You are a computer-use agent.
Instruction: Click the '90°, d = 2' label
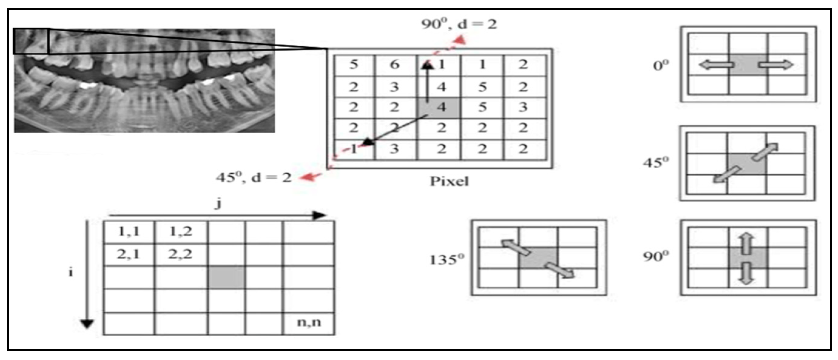click(x=459, y=24)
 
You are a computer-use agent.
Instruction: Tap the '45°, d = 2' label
click(x=254, y=177)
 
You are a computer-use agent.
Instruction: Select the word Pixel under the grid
click(x=449, y=181)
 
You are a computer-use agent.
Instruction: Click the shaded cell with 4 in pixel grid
click(x=439, y=107)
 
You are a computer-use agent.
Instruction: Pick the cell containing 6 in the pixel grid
click(x=395, y=65)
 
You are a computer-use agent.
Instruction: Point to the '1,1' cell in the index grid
click(x=129, y=231)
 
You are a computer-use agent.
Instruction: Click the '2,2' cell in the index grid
click(x=180, y=254)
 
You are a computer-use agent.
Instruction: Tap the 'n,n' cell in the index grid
click(x=309, y=323)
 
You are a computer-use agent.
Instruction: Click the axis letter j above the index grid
click(x=219, y=204)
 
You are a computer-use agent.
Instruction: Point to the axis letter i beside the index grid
click(x=71, y=272)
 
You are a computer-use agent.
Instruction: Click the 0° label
click(x=661, y=66)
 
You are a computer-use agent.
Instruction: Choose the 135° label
click(x=447, y=260)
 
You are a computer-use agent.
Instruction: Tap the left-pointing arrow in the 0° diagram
click(x=716, y=65)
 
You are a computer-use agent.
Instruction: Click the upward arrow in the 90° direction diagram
click(x=747, y=243)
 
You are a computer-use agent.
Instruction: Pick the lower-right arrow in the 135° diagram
click(x=560, y=271)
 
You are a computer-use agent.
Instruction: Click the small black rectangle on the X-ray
click(x=31, y=41)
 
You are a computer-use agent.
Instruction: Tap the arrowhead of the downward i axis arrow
click(x=87, y=324)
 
